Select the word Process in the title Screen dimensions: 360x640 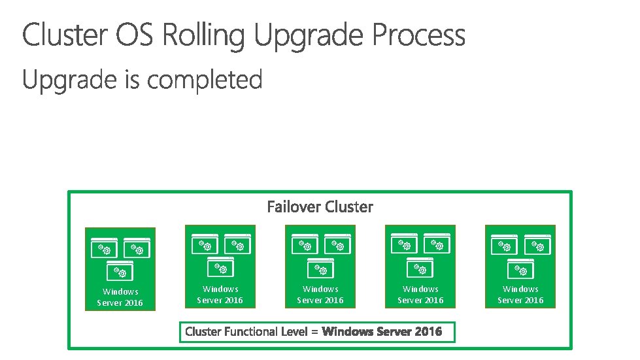point(419,35)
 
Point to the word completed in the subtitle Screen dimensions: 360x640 point(205,80)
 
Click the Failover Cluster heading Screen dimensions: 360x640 point(320,207)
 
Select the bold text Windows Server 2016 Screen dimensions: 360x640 point(382,332)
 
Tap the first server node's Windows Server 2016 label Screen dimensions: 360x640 point(120,297)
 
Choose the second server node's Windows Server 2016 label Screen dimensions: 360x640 point(220,295)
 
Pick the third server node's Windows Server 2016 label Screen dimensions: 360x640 point(320,295)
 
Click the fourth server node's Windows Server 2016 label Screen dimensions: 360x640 point(420,295)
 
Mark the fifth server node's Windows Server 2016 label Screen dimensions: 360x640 point(520,295)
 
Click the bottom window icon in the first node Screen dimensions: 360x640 point(120,270)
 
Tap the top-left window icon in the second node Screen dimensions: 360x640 point(203,244)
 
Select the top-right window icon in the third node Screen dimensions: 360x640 point(337,244)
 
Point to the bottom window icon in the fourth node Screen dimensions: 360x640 point(420,267)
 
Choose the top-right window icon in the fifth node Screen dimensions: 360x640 point(537,244)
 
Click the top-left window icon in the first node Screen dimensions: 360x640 point(103,247)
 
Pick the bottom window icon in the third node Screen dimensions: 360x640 point(320,267)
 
